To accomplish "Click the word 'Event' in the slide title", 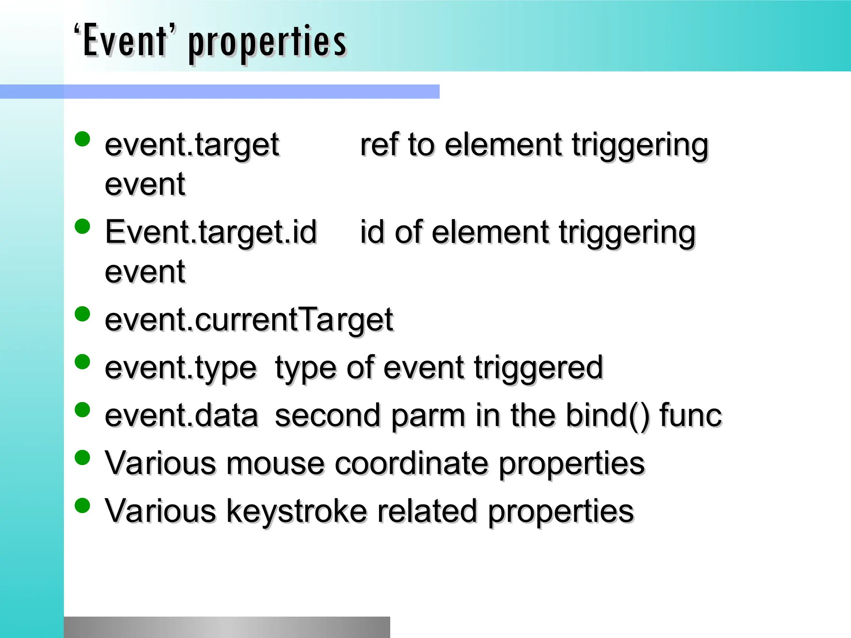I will click(x=125, y=41).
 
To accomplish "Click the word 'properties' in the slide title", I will click(x=267, y=43).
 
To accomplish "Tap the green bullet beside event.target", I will click(x=82, y=139).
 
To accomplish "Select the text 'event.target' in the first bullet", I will click(x=192, y=145).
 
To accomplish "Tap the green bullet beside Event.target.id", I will click(x=82, y=227).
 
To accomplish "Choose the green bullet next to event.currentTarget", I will click(x=82, y=314).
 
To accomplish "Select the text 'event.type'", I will click(x=181, y=368).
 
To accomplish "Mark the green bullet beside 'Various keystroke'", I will click(x=82, y=505).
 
